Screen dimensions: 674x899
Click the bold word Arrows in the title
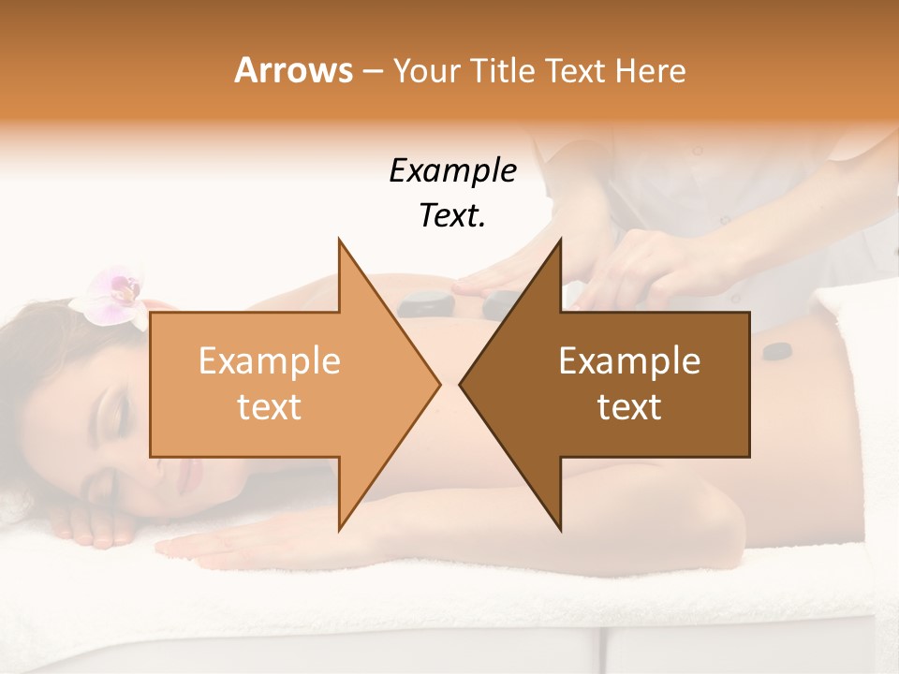pyautogui.click(x=293, y=70)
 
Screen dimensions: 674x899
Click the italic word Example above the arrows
pyautogui.click(x=452, y=170)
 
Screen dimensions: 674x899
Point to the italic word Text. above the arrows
pyautogui.click(x=452, y=215)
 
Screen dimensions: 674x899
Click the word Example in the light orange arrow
pyautogui.click(x=270, y=361)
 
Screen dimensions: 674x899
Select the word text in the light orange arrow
pyautogui.click(x=270, y=407)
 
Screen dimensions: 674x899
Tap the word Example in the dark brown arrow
pyautogui.click(x=629, y=361)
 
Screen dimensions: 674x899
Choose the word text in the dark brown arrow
pyautogui.click(x=629, y=407)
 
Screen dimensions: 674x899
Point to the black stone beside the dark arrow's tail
pyautogui.click(x=775, y=353)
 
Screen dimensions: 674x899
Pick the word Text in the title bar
pyautogui.click(x=572, y=70)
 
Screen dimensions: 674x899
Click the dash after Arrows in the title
pyautogui.click(x=372, y=70)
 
